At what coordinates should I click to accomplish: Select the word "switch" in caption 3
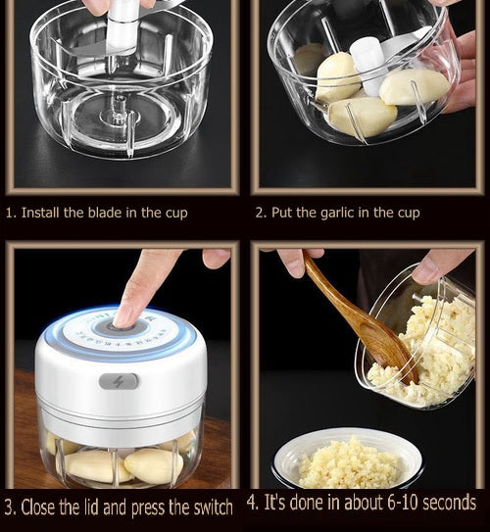[213, 508]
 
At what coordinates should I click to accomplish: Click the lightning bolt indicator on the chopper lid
[119, 382]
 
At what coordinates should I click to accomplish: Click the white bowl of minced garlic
[348, 459]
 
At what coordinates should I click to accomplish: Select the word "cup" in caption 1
[176, 214]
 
